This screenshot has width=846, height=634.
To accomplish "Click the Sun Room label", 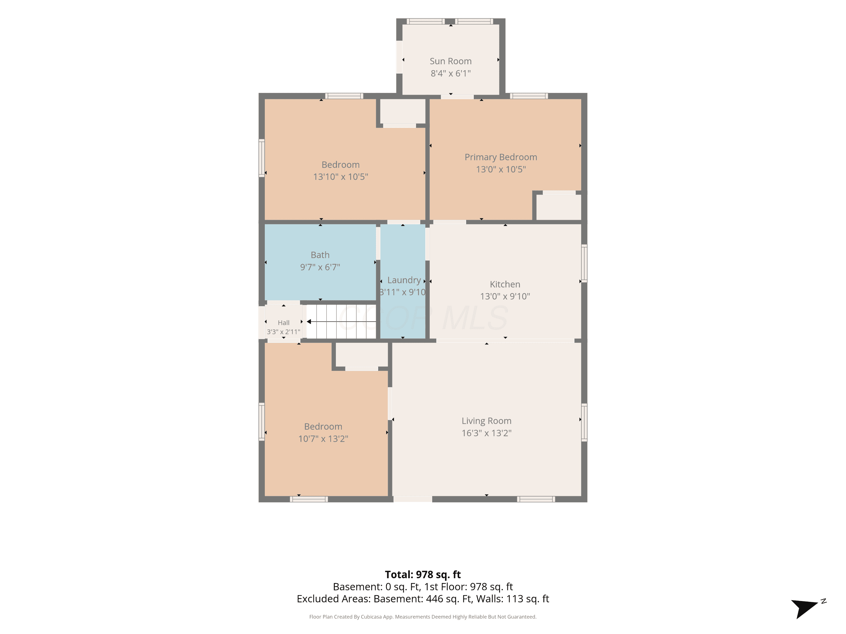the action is (451, 61).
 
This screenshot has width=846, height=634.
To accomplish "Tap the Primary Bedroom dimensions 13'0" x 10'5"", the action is (501, 169).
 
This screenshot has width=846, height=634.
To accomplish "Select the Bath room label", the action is (320, 255).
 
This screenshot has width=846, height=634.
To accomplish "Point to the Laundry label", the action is (404, 280).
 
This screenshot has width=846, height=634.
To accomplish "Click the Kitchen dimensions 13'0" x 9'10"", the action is (505, 296).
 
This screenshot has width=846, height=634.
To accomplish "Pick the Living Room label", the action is (486, 421).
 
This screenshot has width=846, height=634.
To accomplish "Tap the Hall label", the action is (283, 323).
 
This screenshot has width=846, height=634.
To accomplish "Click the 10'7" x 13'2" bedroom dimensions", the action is (323, 439).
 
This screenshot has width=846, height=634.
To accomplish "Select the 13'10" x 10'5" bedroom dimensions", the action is (340, 177).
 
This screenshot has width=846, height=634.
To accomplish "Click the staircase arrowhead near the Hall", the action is (309, 322).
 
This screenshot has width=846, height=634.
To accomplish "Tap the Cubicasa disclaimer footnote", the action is (423, 617).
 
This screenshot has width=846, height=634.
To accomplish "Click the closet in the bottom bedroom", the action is (362, 355).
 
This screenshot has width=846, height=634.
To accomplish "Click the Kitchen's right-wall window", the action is (584, 263).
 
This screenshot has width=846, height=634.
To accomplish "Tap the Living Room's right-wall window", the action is (584, 422).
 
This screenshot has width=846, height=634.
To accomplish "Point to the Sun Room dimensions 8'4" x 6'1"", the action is (451, 73).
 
